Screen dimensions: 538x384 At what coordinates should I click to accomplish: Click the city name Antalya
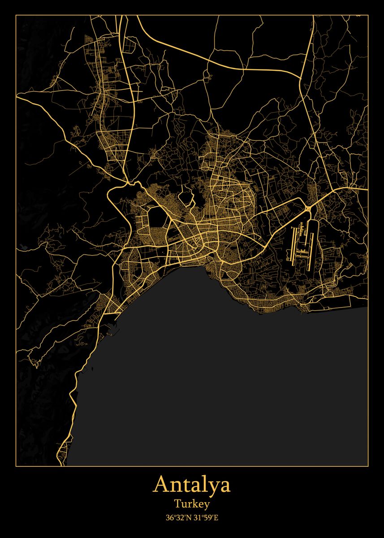192,485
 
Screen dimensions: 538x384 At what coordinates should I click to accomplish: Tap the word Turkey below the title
192,504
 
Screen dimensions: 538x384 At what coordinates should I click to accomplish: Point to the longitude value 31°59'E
205,518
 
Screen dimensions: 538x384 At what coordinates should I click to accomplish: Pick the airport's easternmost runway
311,247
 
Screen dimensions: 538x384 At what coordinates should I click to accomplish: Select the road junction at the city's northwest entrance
129,182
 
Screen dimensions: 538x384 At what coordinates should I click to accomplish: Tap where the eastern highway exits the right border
366,189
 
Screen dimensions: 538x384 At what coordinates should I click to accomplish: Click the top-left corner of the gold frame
16,15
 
